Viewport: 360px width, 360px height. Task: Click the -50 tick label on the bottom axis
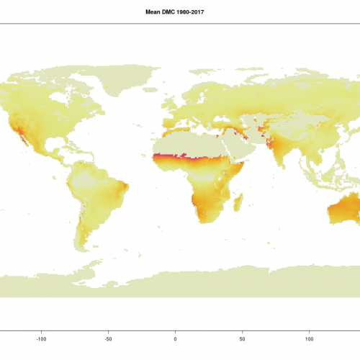(x=108, y=337)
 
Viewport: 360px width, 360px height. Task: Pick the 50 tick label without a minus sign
(x=243, y=337)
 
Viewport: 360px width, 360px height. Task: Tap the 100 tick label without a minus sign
(x=310, y=337)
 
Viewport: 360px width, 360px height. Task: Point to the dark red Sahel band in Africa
(x=184, y=156)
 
